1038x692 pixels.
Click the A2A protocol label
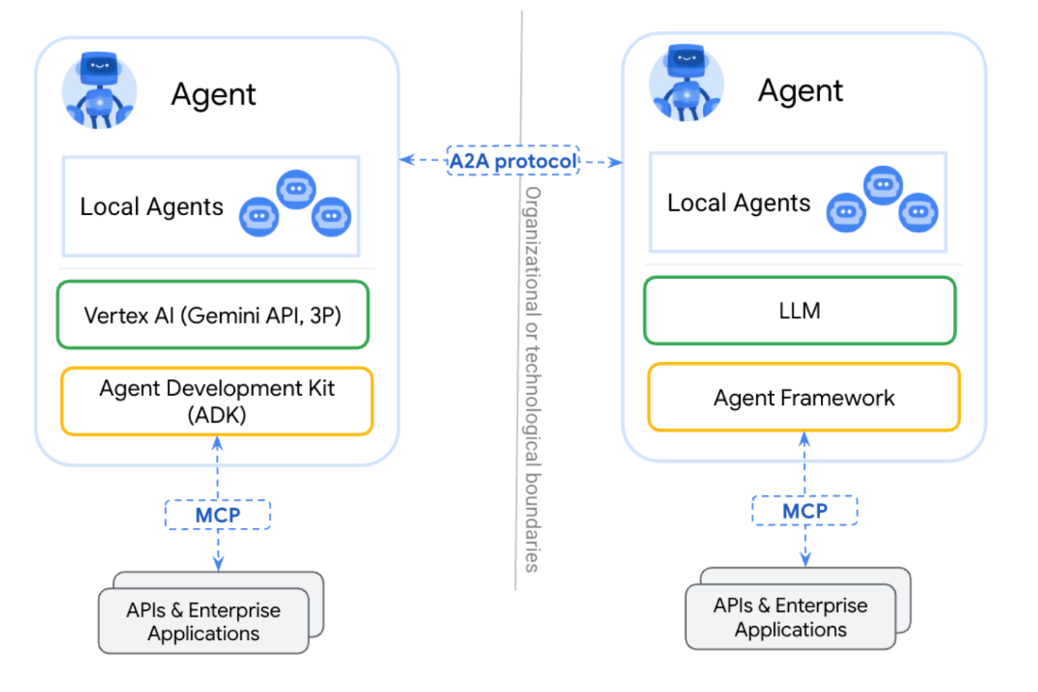point(513,161)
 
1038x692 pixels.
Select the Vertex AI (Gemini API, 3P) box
point(213,314)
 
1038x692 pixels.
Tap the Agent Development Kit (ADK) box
point(216,401)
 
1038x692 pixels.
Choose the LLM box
point(800,311)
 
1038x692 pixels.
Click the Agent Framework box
point(804,398)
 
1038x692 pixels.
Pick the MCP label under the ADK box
point(218,515)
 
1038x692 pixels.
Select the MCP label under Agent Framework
point(805,511)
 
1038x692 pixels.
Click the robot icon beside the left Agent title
point(99,90)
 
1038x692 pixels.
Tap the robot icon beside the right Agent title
point(687,83)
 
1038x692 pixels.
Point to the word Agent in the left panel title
point(214,94)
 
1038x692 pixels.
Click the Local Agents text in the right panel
point(738,203)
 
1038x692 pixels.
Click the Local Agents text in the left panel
point(151,207)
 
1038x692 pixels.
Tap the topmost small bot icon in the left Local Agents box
point(296,190)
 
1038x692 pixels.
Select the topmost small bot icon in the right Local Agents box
point(883,185)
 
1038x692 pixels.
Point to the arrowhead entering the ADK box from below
point(217,443)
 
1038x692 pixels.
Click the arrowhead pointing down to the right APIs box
point(805,559)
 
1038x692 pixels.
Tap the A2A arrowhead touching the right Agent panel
point(616,162)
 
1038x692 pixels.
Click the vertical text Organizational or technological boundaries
point(532,380)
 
